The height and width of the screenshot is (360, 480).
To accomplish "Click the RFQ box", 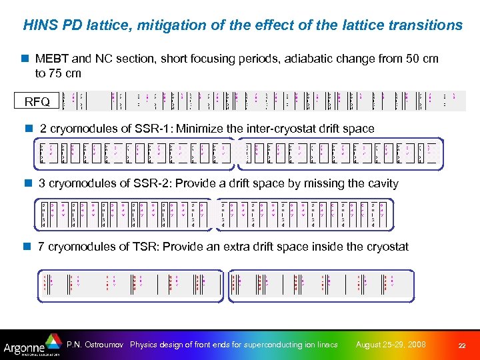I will (x=37, y=102).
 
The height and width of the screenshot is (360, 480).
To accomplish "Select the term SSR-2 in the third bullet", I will (x=149, y=183).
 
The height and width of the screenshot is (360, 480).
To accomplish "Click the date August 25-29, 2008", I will (x=391, y=345).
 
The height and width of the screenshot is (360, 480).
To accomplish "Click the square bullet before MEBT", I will (x=25, y=59).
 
